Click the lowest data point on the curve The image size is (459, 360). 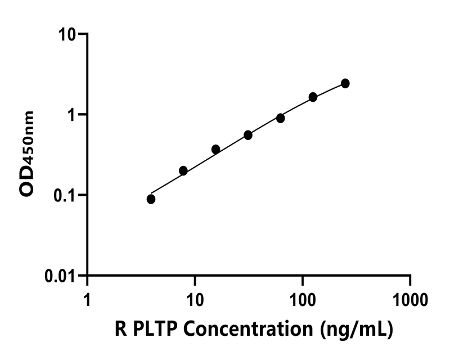coord(151,199)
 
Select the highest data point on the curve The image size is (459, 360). coord(345,83)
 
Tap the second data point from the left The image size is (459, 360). coord(183,170)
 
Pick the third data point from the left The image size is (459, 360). coord(215,149)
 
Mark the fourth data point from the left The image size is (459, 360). coord(248,135)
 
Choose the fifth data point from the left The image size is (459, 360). coord(280,118)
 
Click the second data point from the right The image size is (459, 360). coord(313,97)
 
